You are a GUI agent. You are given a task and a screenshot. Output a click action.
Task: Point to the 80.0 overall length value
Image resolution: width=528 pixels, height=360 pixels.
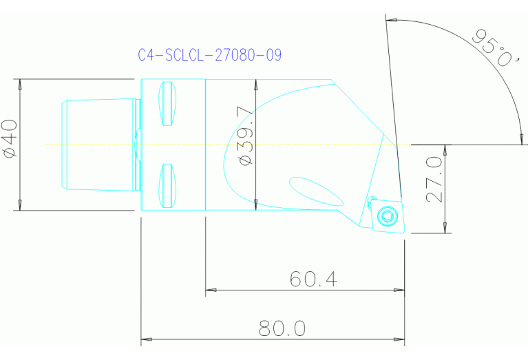click(x=282, y=329)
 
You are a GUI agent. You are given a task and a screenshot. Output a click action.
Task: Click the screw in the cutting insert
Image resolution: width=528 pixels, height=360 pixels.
click(x=387, y=218)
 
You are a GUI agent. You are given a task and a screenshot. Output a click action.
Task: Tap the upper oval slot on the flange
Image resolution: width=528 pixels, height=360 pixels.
click(x=167, y=104)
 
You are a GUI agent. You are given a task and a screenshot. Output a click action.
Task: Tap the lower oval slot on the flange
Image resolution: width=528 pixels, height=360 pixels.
click(x=167, y=186)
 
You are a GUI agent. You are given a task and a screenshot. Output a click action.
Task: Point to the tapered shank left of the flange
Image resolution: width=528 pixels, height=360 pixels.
click(x=100, y=145)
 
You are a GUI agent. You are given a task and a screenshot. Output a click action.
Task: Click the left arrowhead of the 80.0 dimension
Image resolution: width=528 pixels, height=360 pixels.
click(x=145, y=340)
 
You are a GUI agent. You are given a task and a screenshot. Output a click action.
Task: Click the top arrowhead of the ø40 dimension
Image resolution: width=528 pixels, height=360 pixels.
click(x=20, y=83)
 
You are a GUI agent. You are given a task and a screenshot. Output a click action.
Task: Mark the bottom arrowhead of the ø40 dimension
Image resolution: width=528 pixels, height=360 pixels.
click(x=20, y=206)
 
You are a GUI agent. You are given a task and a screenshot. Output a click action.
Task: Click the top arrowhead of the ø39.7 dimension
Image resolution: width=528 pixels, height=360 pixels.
click(x=255, y=83)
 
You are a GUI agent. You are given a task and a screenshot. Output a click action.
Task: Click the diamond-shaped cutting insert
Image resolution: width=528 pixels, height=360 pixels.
click(x=388, y=216)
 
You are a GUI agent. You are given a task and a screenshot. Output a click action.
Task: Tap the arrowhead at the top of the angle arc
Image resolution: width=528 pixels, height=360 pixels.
click(x=391, y=19)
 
